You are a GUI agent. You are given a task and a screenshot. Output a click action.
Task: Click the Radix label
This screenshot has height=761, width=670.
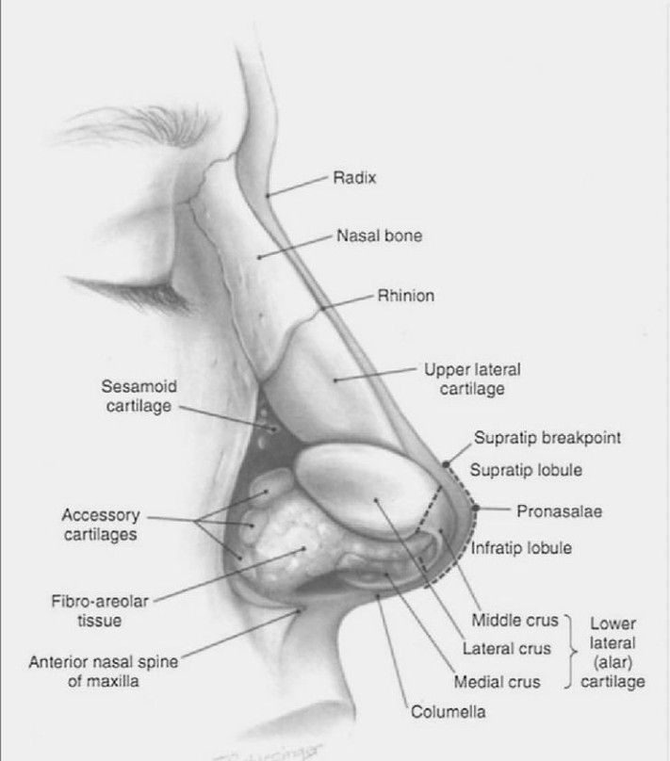click(354, 178)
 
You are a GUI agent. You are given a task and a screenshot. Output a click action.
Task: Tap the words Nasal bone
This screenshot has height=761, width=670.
click(379, 235)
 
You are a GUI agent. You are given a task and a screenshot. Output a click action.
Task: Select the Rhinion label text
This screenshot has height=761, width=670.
click(406, 296)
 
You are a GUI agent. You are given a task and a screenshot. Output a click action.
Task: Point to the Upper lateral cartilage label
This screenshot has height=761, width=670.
click(472, 379)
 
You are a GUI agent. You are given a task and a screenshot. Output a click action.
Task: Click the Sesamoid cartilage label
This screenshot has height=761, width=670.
click(139, 396)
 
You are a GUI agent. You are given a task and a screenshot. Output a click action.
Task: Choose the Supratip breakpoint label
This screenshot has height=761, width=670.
click(547, 438)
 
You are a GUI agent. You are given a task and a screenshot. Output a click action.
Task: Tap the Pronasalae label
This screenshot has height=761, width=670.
click(560, 511)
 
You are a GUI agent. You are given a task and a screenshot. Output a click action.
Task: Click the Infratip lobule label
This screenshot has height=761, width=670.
click(521, 548)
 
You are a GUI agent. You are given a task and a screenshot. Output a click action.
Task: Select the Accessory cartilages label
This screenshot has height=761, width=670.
click(101, 525)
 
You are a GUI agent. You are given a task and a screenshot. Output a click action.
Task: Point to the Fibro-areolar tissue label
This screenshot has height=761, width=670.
click(100, 611)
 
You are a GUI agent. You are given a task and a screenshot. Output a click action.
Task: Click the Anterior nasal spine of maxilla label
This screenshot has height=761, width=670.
click(104, 672)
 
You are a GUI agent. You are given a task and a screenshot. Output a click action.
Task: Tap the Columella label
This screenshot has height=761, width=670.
click(448, 711)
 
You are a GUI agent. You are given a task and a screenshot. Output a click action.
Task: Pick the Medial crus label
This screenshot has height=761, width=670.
click(497, 682)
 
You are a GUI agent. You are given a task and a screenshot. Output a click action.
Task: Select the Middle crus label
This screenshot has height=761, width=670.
click(515, 621)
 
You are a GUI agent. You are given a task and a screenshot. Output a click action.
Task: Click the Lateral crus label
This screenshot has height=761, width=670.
click(506, 649)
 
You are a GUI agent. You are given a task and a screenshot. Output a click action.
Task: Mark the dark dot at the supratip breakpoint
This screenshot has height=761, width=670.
click(446, 465)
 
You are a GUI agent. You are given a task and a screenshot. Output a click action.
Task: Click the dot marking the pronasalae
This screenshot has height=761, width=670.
click(476, 509)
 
